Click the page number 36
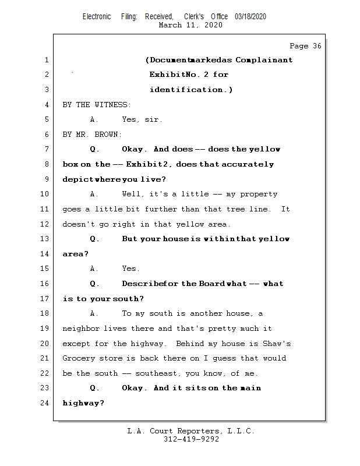coord(317,46)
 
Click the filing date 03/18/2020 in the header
coord(250,17)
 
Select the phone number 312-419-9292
coord(191,439)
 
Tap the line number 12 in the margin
coord(44,224)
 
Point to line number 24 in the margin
coord(44,403)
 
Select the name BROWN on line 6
coord(108,135)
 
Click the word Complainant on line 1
coord(264,60)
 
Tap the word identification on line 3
coord(186,90)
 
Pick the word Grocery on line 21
coord(79,358)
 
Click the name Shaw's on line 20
coord(277,344)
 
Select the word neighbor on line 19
coord(81,329)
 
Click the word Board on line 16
coord(212,284)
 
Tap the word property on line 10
coord(259,195)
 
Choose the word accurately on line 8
coord(248,164)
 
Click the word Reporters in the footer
coord(199,431)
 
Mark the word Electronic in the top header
coord(97,17)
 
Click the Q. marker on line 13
coord(94,239)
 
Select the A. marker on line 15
coord(94,269)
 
